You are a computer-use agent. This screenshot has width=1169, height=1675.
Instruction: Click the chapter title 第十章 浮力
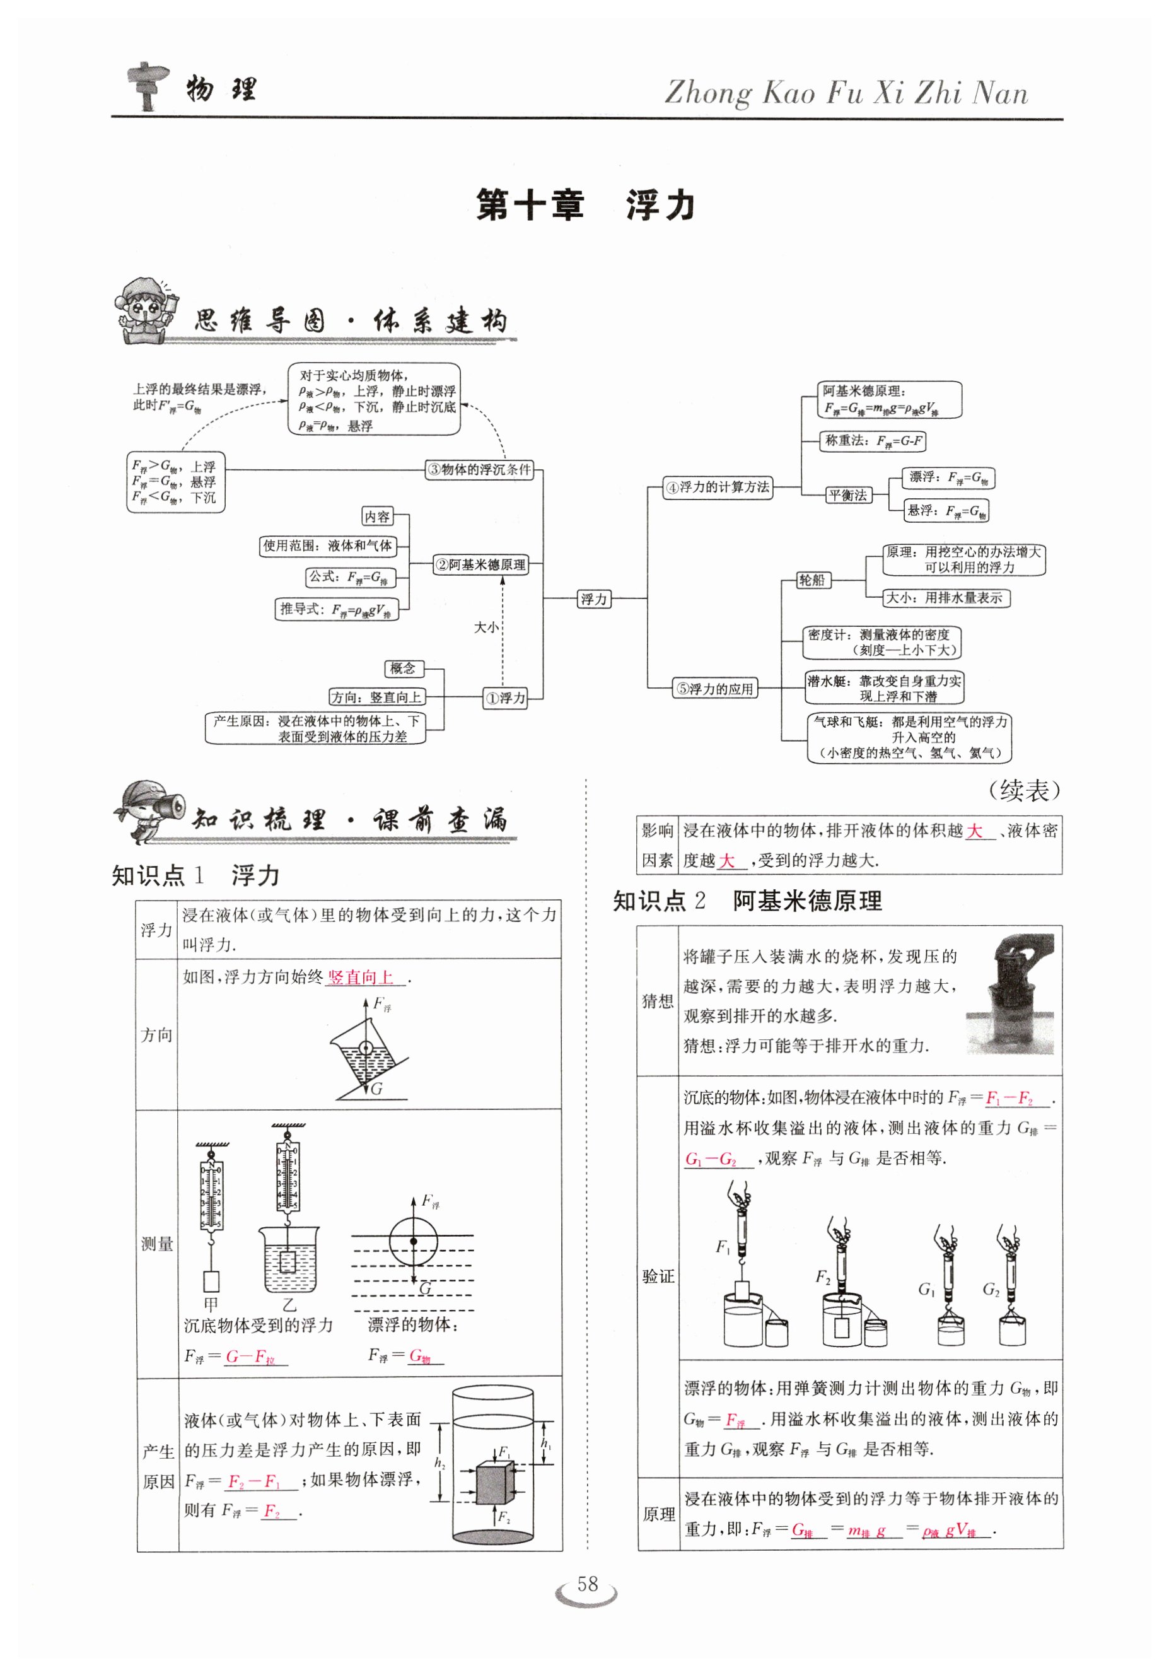(x=585, y=205)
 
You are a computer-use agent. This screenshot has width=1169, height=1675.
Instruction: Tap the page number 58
(x=587, y=1584)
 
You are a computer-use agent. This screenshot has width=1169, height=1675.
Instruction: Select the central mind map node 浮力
(x=593, y=599)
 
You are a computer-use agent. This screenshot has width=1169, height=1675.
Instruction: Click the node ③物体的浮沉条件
(x=479, y=470)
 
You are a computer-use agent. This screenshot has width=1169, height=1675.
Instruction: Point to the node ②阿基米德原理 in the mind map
(x=480, y=564)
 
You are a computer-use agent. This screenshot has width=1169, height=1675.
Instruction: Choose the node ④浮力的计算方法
(x=718, y=487)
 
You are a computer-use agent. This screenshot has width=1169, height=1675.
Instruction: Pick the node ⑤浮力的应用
(x=714, y=689)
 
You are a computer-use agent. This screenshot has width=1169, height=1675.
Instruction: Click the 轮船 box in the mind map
(x=811, y=580)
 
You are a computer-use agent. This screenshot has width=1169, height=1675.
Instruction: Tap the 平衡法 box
(x=848, y=495)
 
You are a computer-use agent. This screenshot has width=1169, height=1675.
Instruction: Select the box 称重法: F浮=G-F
(x=873, y=441)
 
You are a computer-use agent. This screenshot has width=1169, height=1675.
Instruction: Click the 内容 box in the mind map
(x=377, y=517)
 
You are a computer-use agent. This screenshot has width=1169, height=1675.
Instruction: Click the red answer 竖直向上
(x=361, y=978)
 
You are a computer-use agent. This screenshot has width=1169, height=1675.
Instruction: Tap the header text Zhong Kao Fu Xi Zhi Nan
(x=846, y=94)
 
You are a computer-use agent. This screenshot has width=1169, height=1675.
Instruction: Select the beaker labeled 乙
(x=289, y=1258)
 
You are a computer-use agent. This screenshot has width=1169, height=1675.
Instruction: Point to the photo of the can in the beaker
(x=1010, y=994)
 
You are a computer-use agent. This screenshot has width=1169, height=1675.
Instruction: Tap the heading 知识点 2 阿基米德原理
(x=747, y=901)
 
